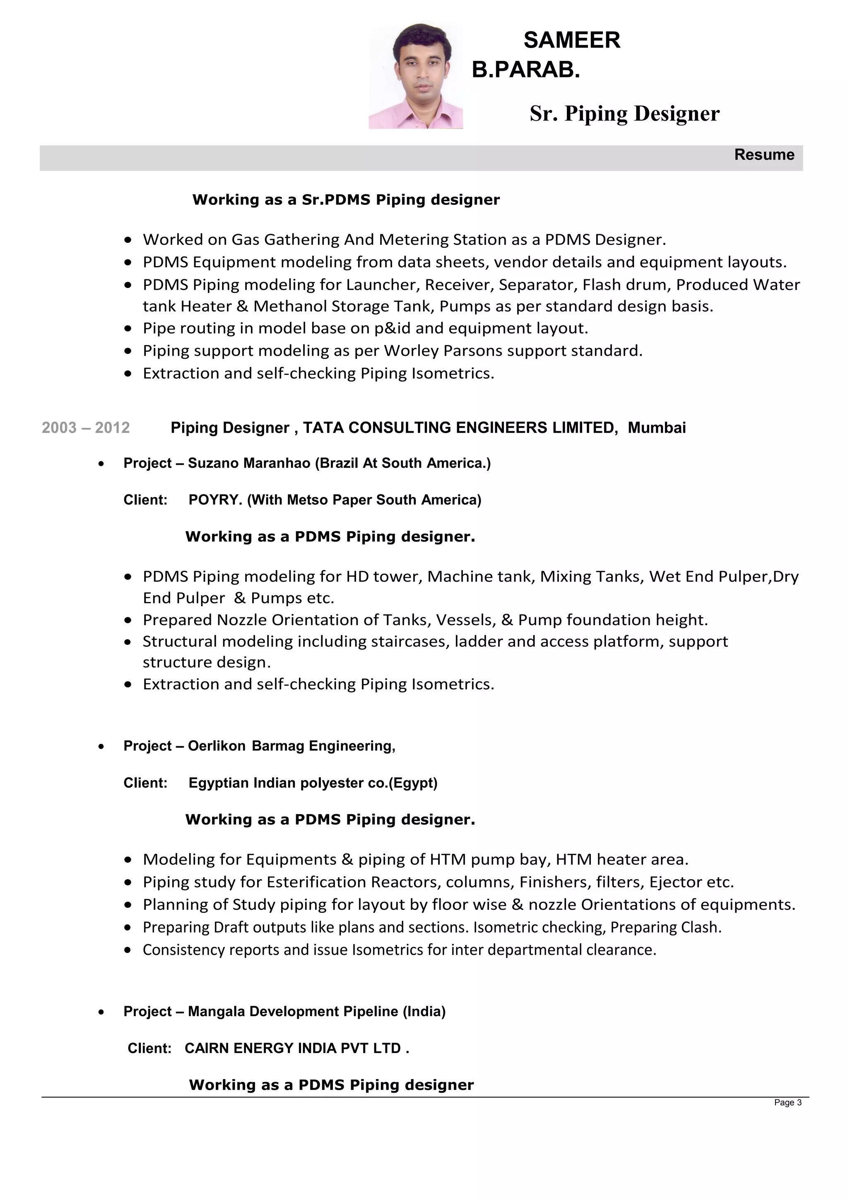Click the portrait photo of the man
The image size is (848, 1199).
coord(416,76)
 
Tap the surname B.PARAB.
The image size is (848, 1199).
coord(525,70)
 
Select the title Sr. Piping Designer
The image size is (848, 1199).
coord(624,114)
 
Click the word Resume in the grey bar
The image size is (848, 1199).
coord(764,155)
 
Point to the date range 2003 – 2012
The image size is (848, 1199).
coord(86,428)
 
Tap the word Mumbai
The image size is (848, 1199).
coord(656,428)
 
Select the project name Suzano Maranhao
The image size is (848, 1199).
coord(249,463)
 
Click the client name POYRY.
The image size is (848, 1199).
coord(215,500)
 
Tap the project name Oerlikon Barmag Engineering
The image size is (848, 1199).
coord(291,746)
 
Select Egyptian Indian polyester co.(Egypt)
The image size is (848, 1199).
coord(313,783)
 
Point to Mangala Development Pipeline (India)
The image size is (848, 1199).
coord(316,1012)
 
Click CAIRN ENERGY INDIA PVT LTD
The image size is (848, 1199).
coord(293,1048)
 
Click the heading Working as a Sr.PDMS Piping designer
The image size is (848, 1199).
coord(346,200)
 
